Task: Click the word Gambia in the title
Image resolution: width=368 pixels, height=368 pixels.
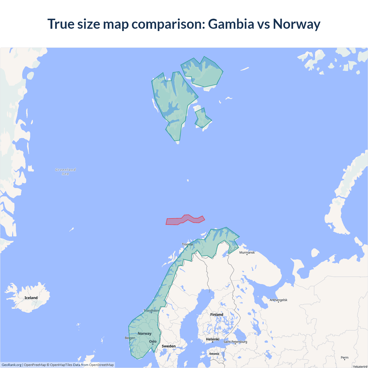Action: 231,24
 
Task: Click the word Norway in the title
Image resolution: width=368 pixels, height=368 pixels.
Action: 296,24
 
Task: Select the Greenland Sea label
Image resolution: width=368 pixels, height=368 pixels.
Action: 66,172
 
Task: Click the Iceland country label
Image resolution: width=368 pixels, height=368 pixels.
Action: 31,298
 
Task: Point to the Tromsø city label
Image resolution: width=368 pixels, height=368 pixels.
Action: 187,244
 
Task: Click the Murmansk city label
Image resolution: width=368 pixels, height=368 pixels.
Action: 247,252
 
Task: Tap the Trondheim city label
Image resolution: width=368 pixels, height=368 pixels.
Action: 151,311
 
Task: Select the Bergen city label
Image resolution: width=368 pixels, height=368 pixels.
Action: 130,338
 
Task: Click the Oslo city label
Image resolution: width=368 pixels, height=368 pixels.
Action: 153,342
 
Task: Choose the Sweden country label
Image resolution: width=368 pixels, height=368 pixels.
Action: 168,346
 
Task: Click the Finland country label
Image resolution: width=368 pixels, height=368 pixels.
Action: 216,315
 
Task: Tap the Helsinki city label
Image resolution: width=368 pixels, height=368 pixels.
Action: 212,339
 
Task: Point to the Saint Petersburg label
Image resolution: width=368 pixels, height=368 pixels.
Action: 235,342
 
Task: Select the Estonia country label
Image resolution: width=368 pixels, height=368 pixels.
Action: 214,354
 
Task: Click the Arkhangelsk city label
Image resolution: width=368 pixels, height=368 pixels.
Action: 278,300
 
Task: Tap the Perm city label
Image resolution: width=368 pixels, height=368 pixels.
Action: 344,358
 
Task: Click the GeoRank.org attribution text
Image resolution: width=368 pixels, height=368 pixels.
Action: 11,365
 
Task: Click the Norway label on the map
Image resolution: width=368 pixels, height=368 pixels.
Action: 144,333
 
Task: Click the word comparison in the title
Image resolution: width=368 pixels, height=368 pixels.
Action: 168,24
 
